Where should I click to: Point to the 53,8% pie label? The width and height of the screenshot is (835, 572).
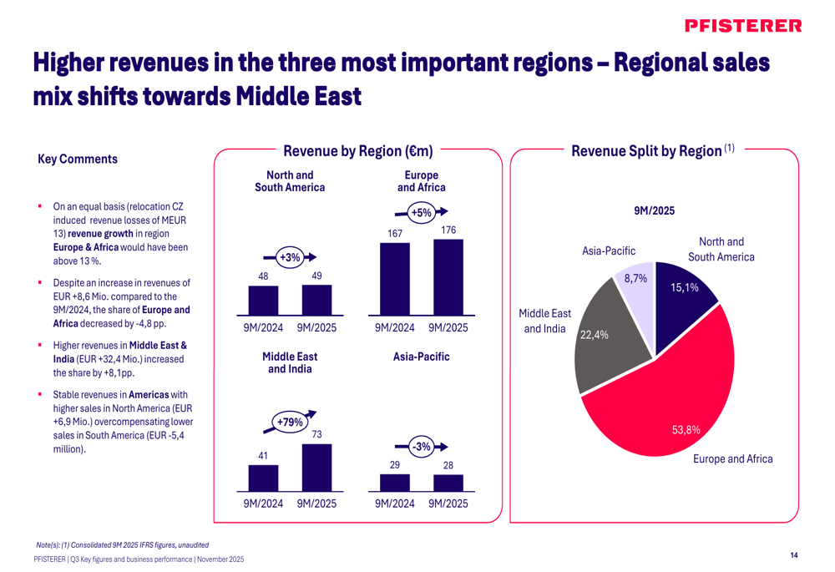pos(686,430)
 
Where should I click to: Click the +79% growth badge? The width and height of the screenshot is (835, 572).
pos(290,423)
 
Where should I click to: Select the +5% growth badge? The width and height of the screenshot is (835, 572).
pos(422,213)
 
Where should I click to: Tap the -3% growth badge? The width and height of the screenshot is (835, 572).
pos(423,448)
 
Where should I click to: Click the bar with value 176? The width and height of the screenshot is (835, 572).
pos(448,276)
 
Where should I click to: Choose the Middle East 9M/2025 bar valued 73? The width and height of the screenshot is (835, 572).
pos(317,467)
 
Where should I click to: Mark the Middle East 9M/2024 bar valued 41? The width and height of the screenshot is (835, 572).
pos(263,478)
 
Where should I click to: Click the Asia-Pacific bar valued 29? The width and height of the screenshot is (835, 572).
pos(395,482)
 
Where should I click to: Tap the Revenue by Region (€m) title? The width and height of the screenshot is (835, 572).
pos(358,151)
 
